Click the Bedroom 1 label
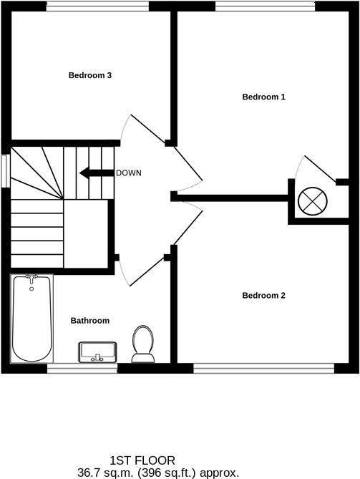pos(263,97)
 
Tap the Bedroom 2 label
pos(263,295)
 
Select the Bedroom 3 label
pos(89,75)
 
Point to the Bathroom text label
pos(89,321)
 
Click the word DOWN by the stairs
pos(129,173)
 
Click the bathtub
pos(32,319)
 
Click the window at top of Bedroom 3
pos(97,6)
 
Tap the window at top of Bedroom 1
pos(264,6)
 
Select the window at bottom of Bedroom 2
pos(264,369)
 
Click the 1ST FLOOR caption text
pos(142,460)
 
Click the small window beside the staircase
pos(5,170)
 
